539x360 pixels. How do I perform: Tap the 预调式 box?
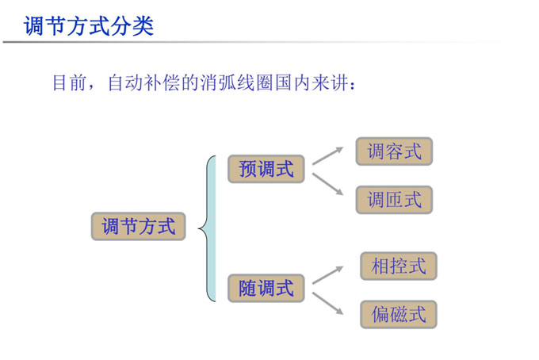pos(266,169)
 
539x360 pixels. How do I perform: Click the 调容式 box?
pos(394,151)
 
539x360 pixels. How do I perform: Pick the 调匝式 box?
pos(394,200)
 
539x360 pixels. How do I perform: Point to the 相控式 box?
pos(399,266)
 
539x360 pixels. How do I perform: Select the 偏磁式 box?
pos(399,314)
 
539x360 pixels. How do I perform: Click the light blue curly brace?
pos(208,228)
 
